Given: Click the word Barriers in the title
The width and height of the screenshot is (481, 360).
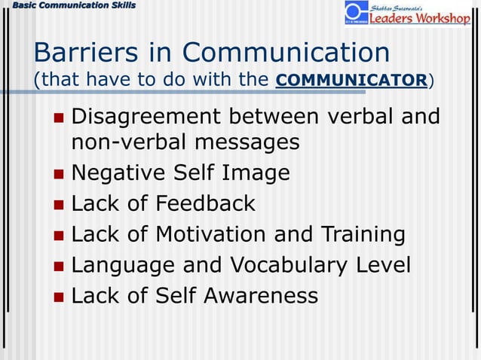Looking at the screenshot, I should [x=81, y=53].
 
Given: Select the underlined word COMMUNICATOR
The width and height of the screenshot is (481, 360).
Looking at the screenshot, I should [x=351, y=80].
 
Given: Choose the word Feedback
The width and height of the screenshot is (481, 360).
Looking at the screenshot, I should [x=206, y=203].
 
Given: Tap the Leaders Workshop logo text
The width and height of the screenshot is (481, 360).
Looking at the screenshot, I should [x=419, y=17].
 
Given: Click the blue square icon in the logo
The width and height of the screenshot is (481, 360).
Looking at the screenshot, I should [x=356, y=12].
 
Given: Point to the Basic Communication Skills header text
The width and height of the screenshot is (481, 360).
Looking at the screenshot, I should [x=69, y=6].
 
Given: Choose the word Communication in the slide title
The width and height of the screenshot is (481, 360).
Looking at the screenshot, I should [x=286, y=53].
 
